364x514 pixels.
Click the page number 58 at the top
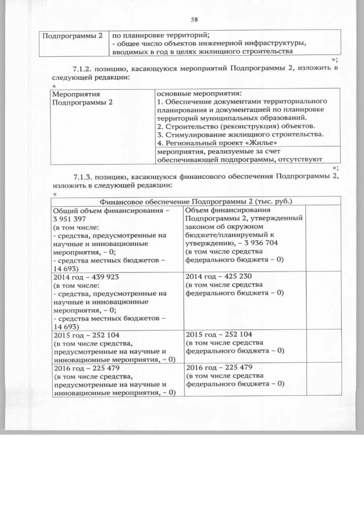point(194,19)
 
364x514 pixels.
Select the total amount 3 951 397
point(69,219)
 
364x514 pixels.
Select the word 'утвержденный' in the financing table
point(278,219)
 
